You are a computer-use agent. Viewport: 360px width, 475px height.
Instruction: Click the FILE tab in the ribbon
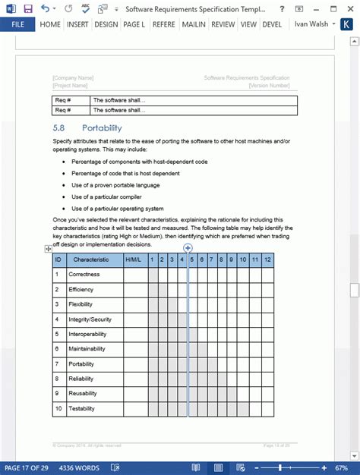pyautogui.click(x=17, y=24)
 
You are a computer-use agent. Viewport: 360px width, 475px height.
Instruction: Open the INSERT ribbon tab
pyautogui.click(x=77, y=24)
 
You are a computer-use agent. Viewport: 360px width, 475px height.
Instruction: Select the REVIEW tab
pyautogui.click(x=223, y=24)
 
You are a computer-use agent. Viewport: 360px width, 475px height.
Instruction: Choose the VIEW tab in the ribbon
pyautogui.click(x=248, y=24)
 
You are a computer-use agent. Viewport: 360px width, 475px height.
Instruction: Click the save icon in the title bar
pyautogui.click(x=28, y=8)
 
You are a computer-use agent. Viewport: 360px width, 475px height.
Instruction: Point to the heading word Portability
pyautogui.click(x=102, y=128)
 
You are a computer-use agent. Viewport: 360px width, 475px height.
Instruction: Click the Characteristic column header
pyautogui.click(x=91, y=260)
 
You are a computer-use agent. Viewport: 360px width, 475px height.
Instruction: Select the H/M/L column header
pyautogui.click(x=133, y=260)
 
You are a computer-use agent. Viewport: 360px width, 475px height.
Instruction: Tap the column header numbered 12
pyautogui.click(x=267, y=260)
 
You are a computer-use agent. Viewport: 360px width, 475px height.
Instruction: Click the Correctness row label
pyautogui.click(x=84, y=274)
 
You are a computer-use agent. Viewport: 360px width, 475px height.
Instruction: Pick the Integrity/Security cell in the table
pyautogui.click(x=90, y=319)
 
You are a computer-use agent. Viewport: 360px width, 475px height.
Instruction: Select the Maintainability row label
pyautogui.click(x=87, y=349)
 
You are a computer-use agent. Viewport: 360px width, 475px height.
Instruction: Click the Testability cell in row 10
pyautogui.click(x=83, y=408)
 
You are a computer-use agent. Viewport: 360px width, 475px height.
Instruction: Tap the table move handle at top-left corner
pyautogui.click(x=48, y=248)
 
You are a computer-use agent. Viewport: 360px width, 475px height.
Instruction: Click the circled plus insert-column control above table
pyautogui.click(x=188, y=248)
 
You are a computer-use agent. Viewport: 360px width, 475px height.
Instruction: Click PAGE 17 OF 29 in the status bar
pyautogui.click(x=25, y=468)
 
